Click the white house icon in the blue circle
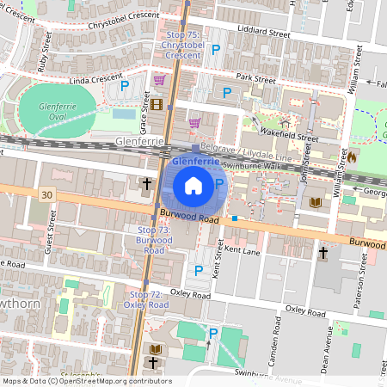193,184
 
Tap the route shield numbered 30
45,196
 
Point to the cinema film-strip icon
157,105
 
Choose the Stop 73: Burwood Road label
154,240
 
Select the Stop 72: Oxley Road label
145,299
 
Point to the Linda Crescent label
83,79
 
